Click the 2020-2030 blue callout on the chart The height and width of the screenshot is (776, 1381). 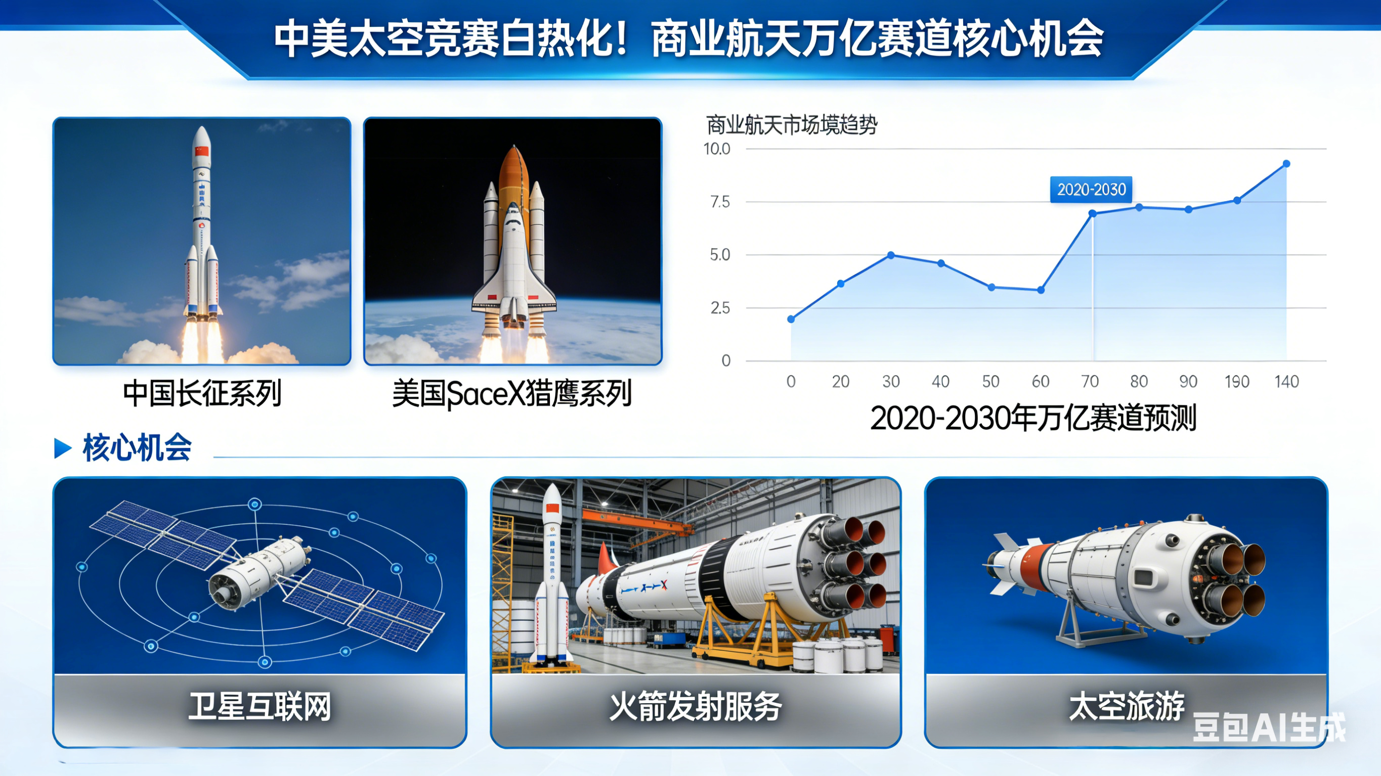point(1091,189)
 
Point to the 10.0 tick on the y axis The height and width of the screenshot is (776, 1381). point(717,149)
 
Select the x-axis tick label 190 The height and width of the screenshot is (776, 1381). point(1237,382)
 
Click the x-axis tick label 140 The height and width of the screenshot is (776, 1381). point(1286,382)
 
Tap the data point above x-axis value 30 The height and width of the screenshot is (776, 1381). point(890,255)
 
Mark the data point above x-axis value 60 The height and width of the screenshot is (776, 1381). point(1041,290)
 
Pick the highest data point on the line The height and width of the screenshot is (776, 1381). point(1286,163)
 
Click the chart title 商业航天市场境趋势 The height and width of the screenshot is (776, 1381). point(792,125)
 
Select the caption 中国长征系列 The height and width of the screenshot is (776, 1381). point(202,394)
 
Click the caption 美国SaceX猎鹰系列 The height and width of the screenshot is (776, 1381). point(512,394)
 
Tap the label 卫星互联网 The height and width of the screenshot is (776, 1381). point(260,706)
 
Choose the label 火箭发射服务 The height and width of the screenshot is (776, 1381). point(696,706)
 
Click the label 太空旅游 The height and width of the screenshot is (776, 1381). point(1126,706)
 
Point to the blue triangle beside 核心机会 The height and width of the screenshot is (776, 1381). point(63,448)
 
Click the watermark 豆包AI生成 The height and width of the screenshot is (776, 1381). point(1268,728)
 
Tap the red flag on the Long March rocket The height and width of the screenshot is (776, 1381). point(201,151)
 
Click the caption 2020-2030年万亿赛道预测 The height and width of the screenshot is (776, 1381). point(1033,418)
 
